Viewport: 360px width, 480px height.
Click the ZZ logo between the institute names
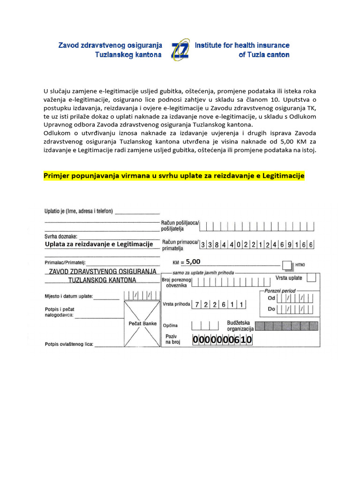(181, 50)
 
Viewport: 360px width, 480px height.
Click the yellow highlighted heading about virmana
(174, 176)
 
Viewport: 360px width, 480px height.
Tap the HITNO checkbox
(287, 265)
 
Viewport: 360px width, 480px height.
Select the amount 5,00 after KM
(193, 262)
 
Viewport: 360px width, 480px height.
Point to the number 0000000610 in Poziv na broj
(222, 340)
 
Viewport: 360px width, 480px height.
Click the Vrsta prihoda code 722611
(220, 304)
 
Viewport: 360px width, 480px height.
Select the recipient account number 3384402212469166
(257, 244)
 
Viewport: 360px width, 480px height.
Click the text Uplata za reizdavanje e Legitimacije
(99, 244)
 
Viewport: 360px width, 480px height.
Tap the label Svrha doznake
(61, 237)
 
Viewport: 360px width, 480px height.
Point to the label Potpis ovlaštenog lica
(69, 344)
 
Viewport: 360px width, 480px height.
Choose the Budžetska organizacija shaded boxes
(290, 325)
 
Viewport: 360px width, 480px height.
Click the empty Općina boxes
(205, 325)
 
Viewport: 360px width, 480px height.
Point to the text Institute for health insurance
(242, 45)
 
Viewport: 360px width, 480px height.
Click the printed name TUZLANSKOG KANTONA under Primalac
(102, 280)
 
